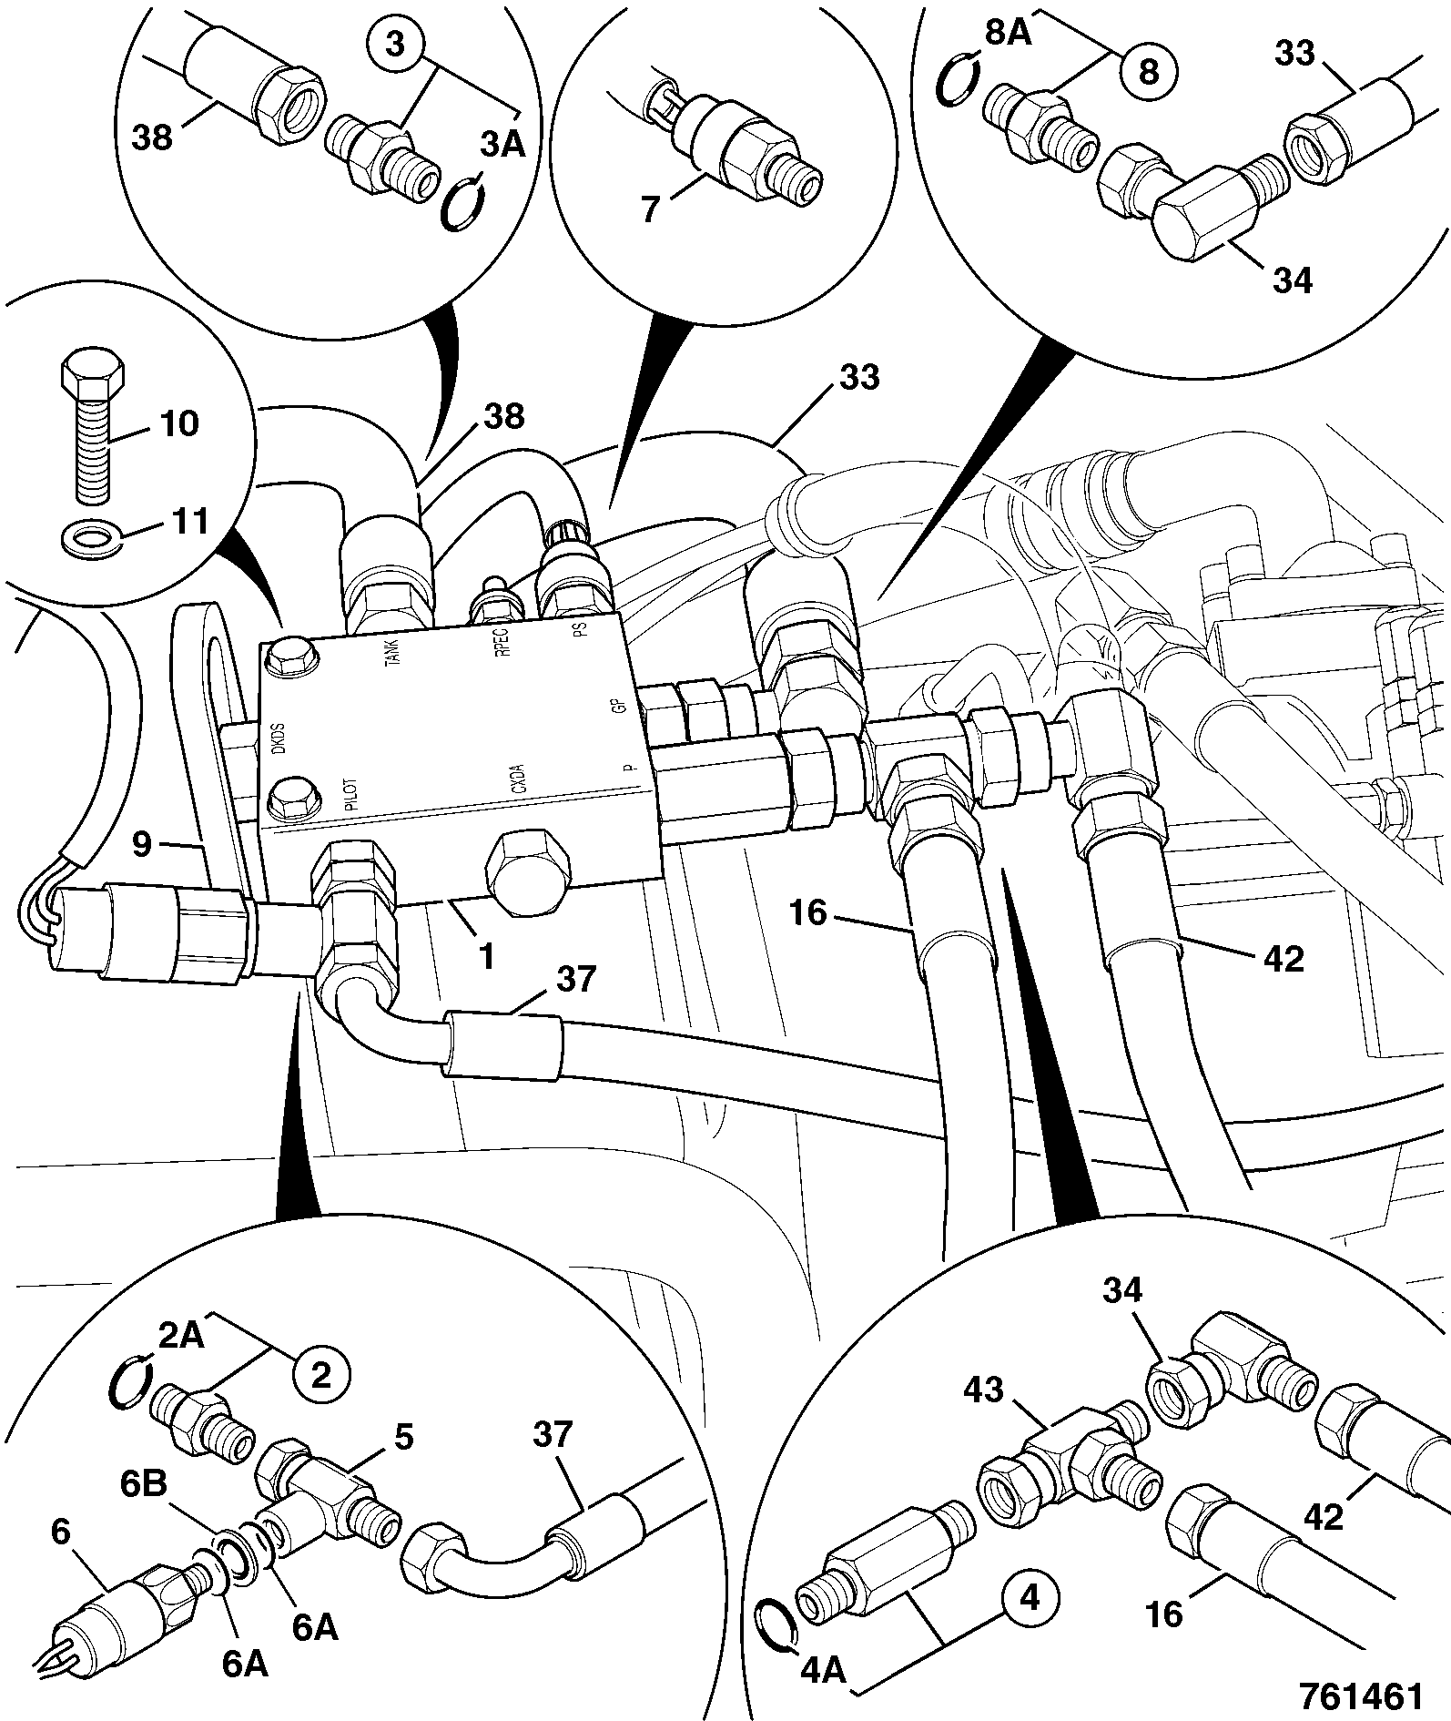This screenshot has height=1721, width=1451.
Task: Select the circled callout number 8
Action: point(1149,71)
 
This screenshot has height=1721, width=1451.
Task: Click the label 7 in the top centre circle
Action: point(651,210)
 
